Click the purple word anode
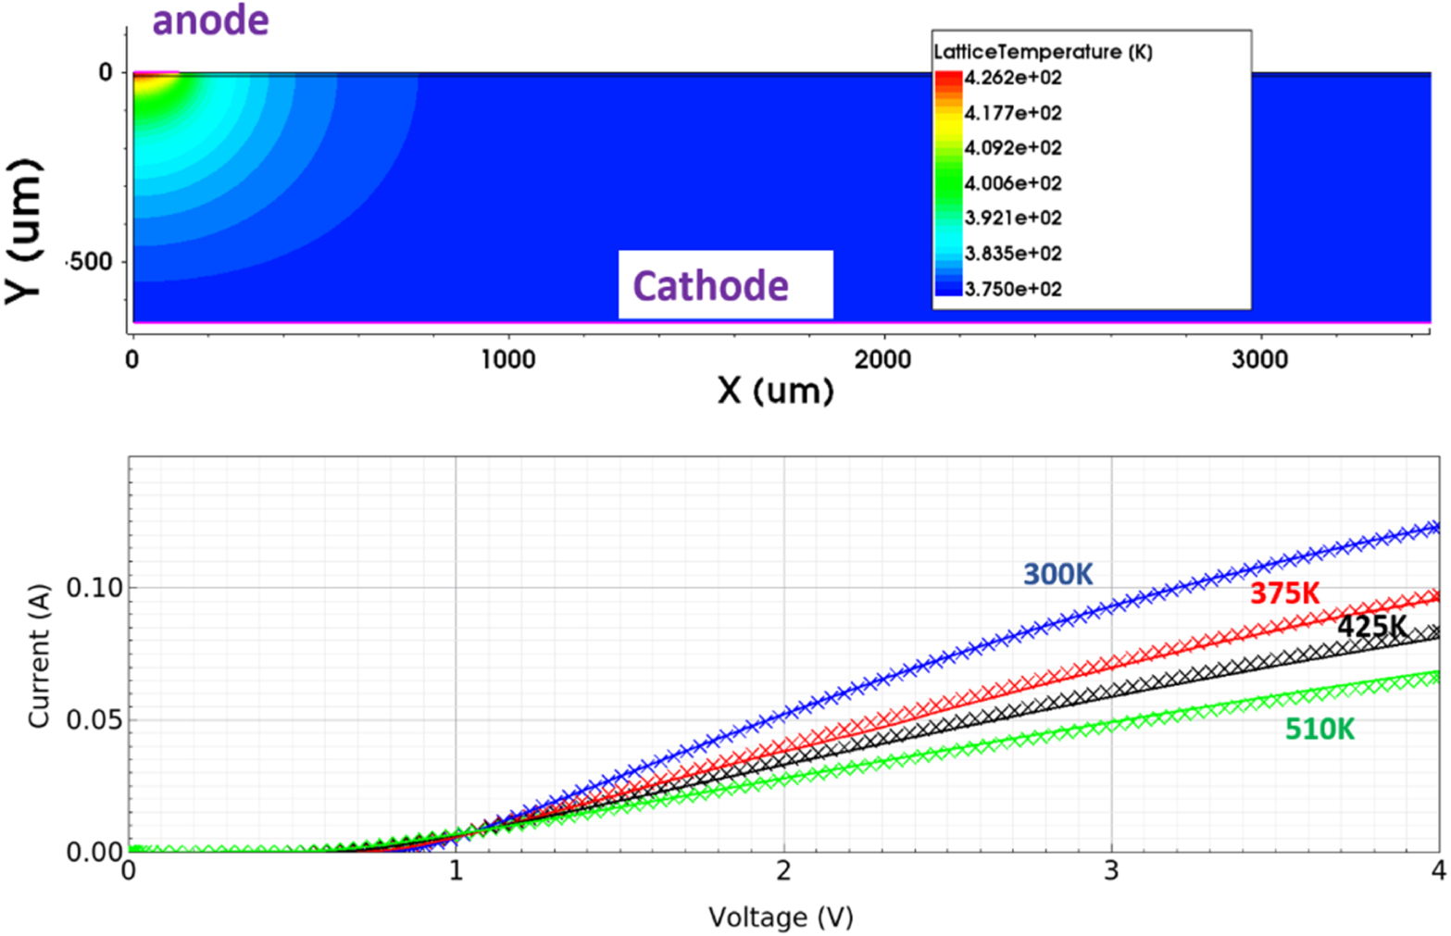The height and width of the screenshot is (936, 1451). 210,20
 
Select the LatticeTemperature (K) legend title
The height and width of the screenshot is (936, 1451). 1043,52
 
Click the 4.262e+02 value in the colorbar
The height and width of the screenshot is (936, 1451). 1012,78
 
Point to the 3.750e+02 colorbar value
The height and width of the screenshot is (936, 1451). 1012,289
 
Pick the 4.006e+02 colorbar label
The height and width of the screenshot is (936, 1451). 1012,183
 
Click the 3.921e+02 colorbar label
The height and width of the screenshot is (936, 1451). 1012,218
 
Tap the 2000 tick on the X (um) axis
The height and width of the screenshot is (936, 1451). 882,360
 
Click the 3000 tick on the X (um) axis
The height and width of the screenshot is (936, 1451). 1259,360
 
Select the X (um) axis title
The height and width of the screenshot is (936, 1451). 775,391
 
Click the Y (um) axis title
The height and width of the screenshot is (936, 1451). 25,231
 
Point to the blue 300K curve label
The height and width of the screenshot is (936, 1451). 1057,575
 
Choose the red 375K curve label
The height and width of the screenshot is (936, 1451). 1284,593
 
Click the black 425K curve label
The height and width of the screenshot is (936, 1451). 1371,627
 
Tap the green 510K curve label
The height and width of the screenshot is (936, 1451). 1320,730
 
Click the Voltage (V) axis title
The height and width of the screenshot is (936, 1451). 781,917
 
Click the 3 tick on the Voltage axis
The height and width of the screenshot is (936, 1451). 1111,871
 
